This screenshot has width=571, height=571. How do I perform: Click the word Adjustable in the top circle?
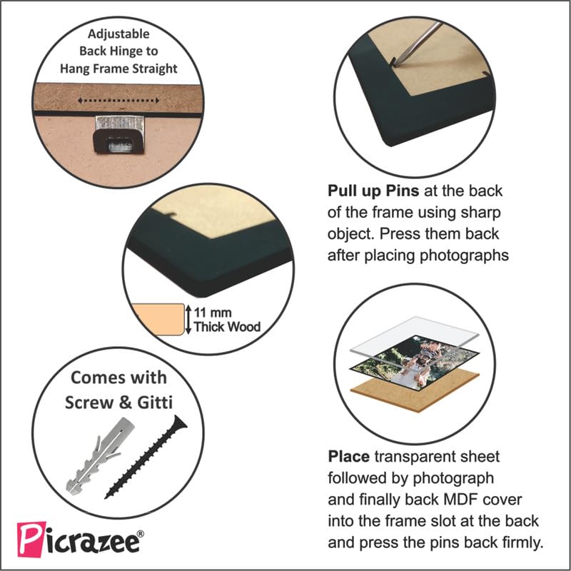pyautogui.click(x=118, y=34)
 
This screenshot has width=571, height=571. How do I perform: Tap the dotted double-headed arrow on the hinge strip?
pyautogui.click(x=118, y=101)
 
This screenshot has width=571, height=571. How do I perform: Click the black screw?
pyautogui.click(x=146, y=457)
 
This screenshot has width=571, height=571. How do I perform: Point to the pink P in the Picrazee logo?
pyautogui.click(x=31, y=540)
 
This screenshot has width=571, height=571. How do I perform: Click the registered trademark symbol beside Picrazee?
pyautogui.click(x=140, y=534)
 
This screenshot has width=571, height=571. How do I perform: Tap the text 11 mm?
pyautogui.click(x=213, y=313)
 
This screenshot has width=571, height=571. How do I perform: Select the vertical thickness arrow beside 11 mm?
pyautogui.click(x=188, y=319)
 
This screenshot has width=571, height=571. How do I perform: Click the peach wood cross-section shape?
pyautogui.click(x=158, y=319)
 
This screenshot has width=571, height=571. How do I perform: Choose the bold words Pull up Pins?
pyautogui.click(x=373, y=191)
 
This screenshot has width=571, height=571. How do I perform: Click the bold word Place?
pyautogui.click(x=348, y=457)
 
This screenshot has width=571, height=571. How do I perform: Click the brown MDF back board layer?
pyautogui.click(x=415, y=391)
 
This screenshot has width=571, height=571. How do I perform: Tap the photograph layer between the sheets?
pyautogui.click(x=415, y=363)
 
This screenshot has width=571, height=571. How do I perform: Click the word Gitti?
pyautogui.click(x=154, y=403)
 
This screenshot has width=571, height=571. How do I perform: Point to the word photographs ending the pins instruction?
pyautogui.click(x=465, y=256)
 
